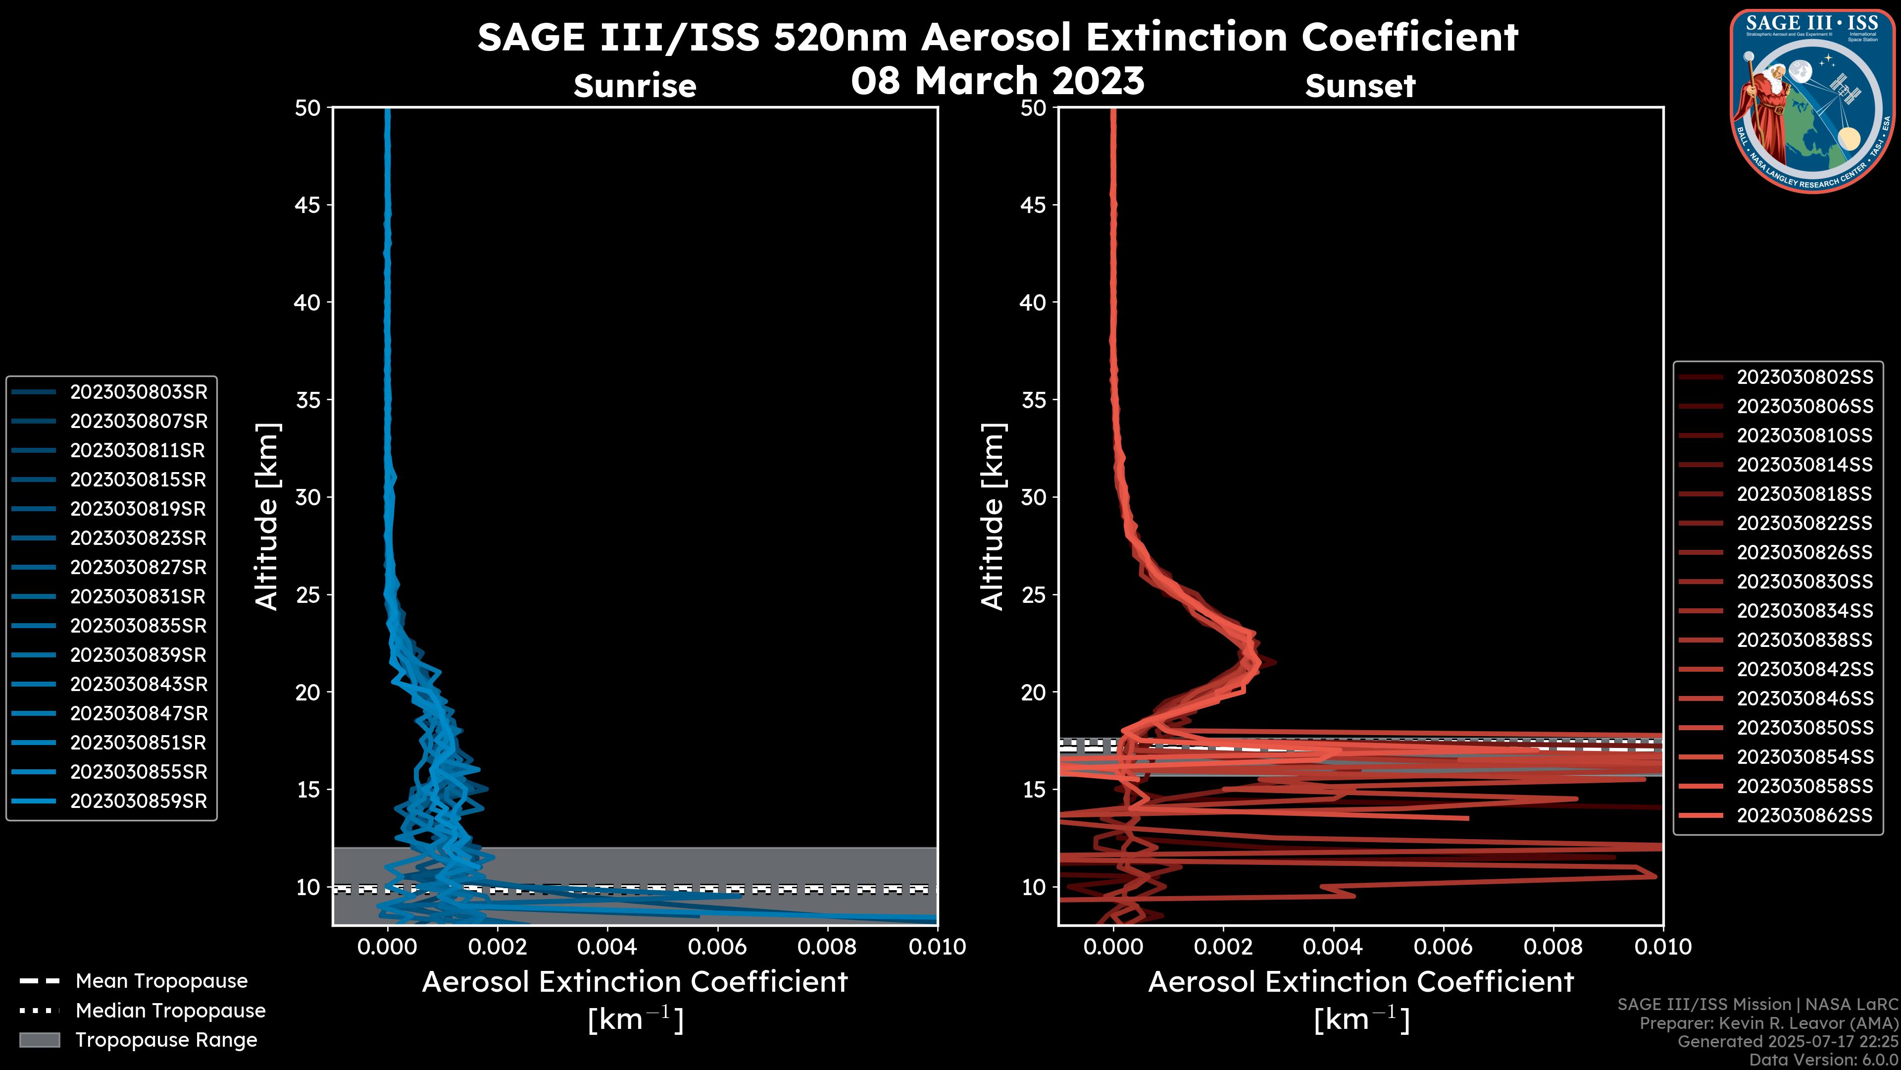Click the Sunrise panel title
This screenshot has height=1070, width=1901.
[635, 86]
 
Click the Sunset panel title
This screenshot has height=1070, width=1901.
[1360, 86]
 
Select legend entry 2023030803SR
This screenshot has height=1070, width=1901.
[139, 392]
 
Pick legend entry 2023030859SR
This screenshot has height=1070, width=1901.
[139, 801]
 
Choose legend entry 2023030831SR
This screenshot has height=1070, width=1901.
[138, 596]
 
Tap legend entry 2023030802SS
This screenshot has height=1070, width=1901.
[1804, 377]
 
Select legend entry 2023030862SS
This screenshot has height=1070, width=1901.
[1804, 815]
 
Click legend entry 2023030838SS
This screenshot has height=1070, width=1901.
[1804, 640]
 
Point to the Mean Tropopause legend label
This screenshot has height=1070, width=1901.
[161, 981]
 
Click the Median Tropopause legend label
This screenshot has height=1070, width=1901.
[170, 1011]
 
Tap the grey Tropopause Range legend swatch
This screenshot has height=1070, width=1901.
[40, 1040]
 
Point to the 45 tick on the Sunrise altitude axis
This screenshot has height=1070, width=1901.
[308, 205]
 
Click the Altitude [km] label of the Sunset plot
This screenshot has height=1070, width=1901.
[993, 516]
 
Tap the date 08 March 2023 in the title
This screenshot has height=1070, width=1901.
[998, 80]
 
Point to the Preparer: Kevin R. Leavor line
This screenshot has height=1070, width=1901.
[1768, 1023]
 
